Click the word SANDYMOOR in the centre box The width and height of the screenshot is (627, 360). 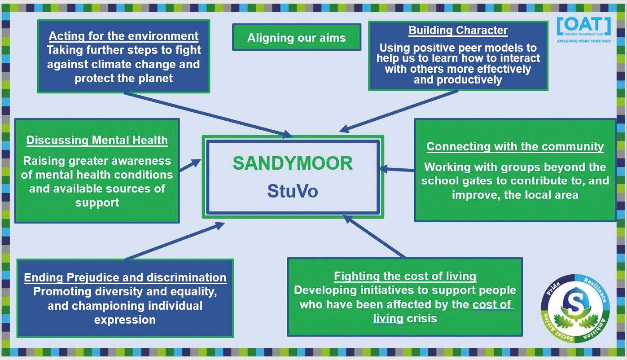293,164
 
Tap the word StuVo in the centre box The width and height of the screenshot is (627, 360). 293,191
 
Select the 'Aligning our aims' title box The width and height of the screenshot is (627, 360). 297,38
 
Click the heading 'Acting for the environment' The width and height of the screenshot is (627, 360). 123,36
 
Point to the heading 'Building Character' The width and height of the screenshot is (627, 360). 458,31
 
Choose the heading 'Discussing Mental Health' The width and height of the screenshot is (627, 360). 97,140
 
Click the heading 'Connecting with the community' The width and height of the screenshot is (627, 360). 515,146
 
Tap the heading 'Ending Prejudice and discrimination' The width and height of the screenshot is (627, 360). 125,277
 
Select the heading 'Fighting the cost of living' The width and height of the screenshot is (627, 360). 405,276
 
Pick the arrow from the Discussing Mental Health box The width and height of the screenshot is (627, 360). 190,165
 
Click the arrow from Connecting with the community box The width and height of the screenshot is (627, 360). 397,169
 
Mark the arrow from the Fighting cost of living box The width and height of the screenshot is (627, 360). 374,236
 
